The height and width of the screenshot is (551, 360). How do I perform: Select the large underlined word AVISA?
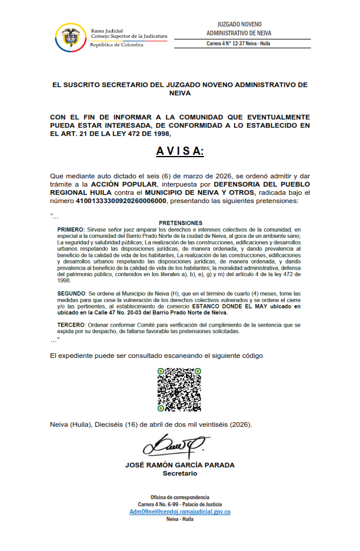(x=179, y=151)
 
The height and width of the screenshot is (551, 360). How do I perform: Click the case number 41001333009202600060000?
(x=122, y=202)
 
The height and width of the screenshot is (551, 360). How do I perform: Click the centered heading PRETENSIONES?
(x=180, y=223)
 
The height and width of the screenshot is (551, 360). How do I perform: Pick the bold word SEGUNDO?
(x=72, y=293)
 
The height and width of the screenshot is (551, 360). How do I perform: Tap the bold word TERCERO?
(x=72, y=324)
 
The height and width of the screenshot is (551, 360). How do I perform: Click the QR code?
(x=179, y=389)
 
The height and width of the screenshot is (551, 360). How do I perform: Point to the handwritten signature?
(x=176, y=446)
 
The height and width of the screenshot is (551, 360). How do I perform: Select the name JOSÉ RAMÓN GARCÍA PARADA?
(x=180, y=465)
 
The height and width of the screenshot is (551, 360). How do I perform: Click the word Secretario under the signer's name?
(x=180, y=473)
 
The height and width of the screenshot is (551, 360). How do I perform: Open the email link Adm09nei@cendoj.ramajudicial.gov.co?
(x=180, y=512)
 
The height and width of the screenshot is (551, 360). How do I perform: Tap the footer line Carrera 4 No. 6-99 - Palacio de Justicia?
(x=180, y=504)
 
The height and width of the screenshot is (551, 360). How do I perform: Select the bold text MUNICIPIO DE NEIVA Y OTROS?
(x=201, y=193)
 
